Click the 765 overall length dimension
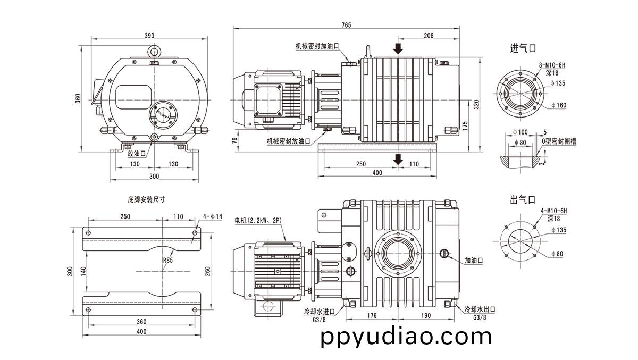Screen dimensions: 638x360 [346, 25]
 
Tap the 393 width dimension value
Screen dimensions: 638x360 [149, 35]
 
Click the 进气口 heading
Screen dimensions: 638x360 [523, 48]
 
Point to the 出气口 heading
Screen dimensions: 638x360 [523, 199]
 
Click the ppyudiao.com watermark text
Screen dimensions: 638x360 [406, 337]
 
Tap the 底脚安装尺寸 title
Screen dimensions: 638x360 [146, 199]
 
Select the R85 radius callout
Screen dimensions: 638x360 [168, 260]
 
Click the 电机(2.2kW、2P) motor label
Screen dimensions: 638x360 [258, 220]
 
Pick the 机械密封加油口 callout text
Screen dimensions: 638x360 [317, 46]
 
